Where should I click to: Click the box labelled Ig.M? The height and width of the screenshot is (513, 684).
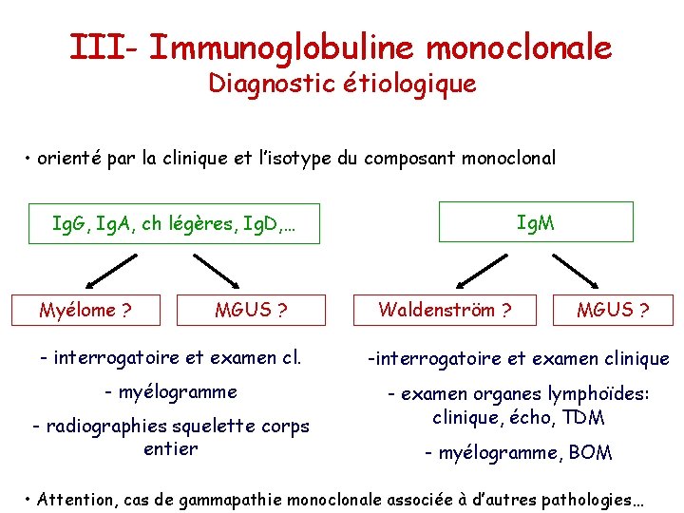[537, 222]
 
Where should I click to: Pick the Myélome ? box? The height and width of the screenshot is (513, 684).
[85, 310]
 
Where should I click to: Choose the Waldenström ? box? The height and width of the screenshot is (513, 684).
[445, 310]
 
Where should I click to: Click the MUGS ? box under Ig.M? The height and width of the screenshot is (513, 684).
[614, 310]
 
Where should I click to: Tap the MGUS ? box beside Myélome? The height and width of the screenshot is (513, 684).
[251, 310]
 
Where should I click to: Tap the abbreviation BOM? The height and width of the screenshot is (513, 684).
[590, 453]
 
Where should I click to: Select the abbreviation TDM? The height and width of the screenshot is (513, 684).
[583, 417]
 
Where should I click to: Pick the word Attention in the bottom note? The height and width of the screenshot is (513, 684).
[77, 498]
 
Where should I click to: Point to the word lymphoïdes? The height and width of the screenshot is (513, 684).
[595, 393]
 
